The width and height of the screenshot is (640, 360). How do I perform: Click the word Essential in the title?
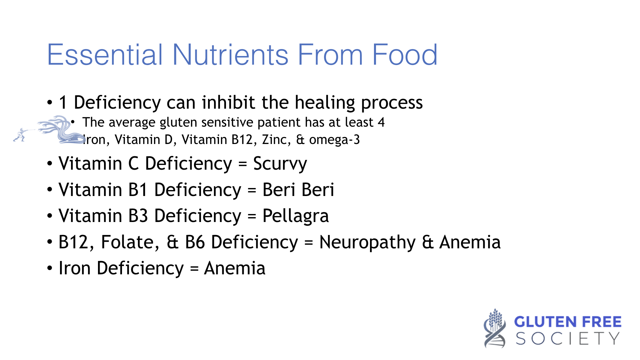(x=105, y=54)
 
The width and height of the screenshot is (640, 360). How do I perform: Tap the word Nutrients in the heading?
(x=230, y=54)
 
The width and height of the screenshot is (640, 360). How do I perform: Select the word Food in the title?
(x=404, y=54)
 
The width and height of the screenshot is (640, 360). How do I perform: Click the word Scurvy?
(x=280, y=164)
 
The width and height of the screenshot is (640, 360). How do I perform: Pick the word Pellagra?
(x=296, y=216)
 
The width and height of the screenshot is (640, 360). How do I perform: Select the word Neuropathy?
(x=368, y=242)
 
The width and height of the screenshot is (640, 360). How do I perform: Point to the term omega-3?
(x=334, y=140)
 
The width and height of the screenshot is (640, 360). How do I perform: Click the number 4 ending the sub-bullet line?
(x=381, y=122)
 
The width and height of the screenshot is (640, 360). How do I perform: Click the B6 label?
(x=195, y=242)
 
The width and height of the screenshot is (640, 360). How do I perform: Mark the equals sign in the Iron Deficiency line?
(x=194, y=269)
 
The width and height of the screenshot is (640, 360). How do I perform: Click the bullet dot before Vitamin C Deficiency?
(x=50, y=164)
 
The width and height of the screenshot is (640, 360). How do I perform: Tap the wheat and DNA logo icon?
(x=495, y=328)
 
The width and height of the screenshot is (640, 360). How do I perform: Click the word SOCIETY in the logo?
(x=568, y=339)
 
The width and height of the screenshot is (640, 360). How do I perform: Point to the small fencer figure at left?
(x=20, y=135)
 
